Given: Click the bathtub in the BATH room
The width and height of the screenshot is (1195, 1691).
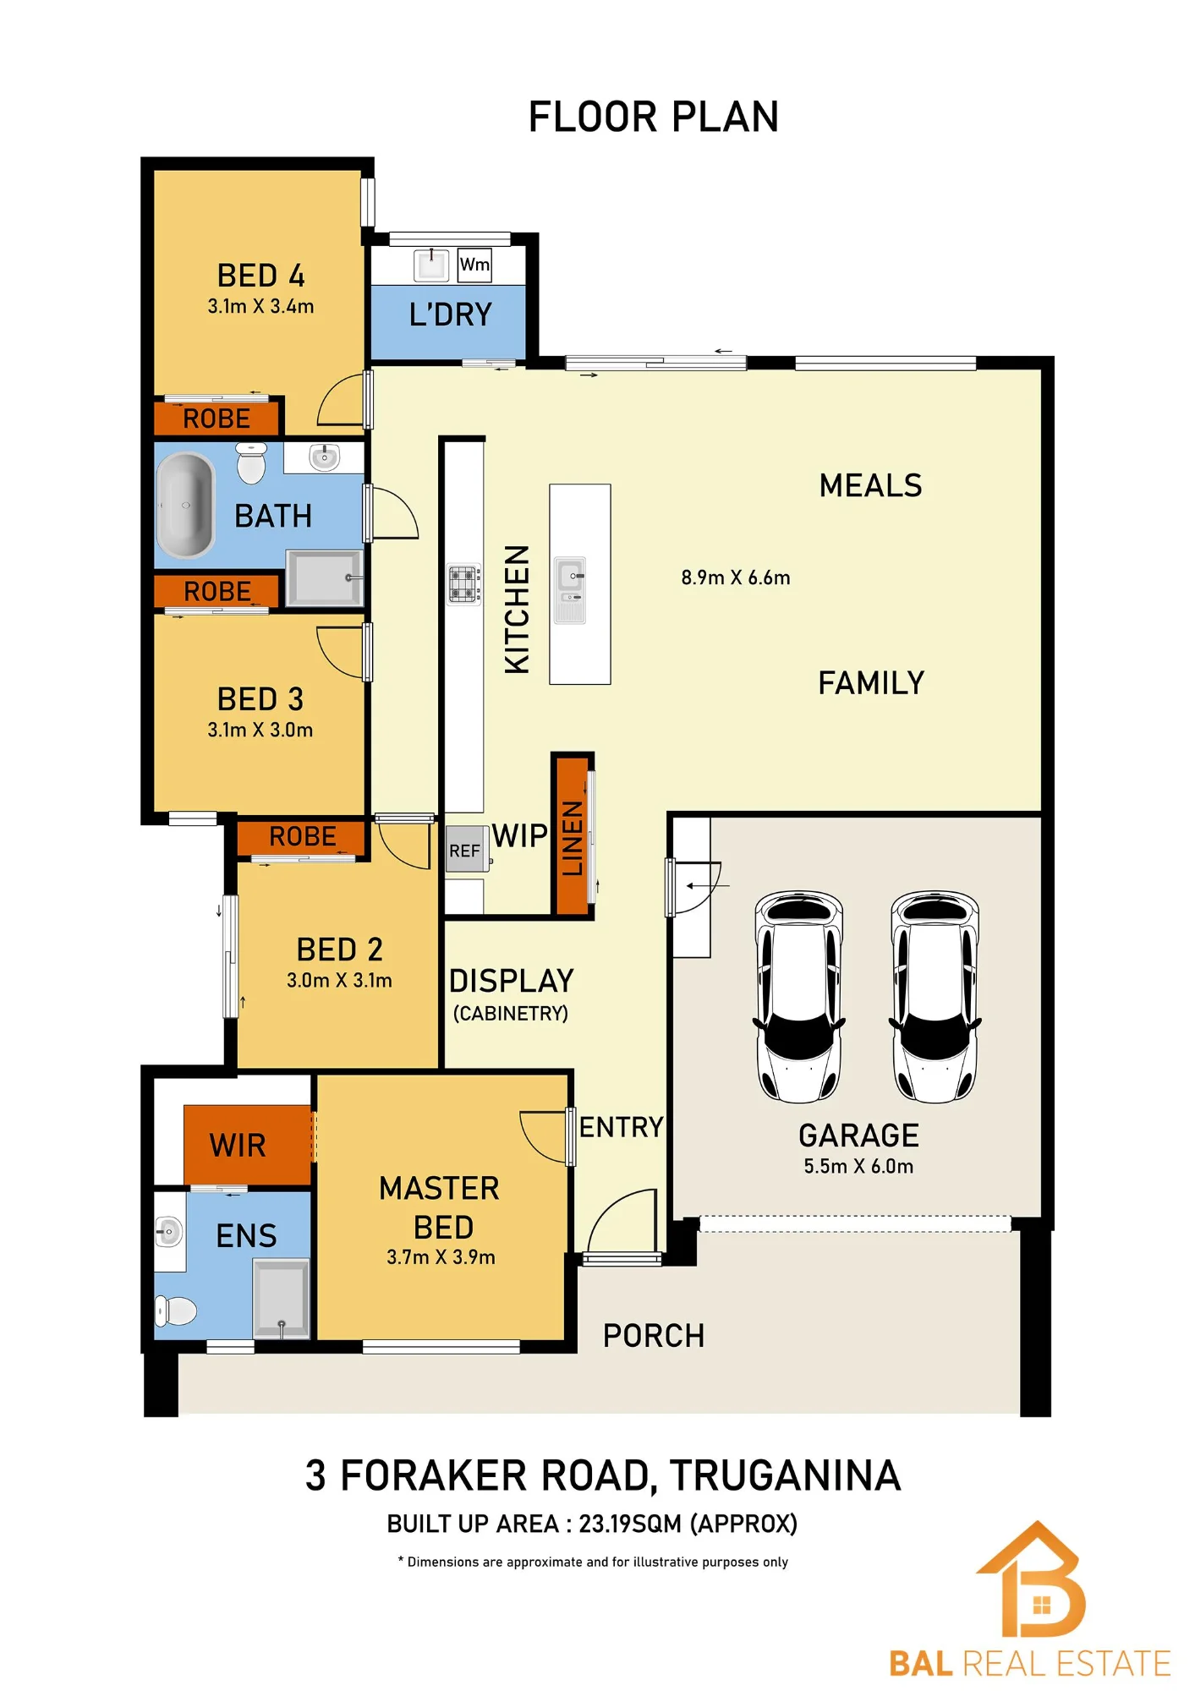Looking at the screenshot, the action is click(186, 505).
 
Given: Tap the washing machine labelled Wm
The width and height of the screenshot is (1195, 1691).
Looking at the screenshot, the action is click(474, 265).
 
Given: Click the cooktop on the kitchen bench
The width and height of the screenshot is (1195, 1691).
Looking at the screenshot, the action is click(464, 584).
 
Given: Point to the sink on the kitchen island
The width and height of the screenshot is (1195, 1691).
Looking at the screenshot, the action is click(570, 589).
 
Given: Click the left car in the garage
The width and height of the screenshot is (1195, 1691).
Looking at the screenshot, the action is click(799, 996).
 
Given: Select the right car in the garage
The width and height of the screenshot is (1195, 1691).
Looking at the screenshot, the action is click(935, 996).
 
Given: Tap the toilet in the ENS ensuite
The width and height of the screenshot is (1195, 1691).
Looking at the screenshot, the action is click(176, 1311).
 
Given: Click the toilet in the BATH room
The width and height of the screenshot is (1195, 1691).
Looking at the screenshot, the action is click(251, 462).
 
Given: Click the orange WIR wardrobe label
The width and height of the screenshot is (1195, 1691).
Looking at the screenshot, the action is click(238, 1146).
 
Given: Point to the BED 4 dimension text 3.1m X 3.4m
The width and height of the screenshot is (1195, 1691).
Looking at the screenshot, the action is click(260, 306).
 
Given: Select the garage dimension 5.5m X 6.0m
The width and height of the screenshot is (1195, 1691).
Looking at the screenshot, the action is click(858, 1166).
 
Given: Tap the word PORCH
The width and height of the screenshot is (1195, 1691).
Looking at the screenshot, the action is click(654, 1336).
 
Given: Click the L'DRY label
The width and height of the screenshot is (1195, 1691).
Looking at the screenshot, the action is click(451, 315).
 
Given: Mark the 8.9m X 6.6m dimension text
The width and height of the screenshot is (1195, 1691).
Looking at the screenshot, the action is click(736, 577).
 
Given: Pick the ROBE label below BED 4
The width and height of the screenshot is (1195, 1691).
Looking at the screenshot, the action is click(217, 419).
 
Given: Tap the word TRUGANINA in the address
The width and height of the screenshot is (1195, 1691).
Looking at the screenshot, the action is click(786, 1475).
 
